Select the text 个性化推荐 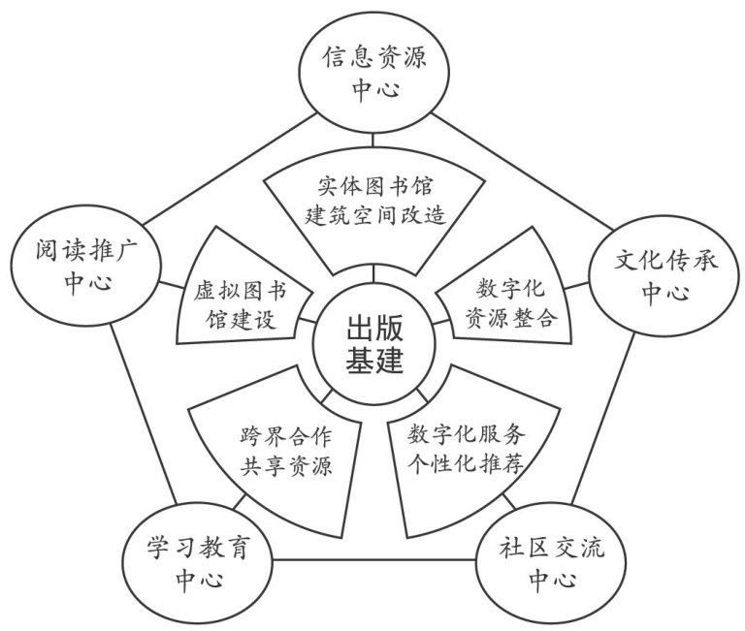pos(467,465)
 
